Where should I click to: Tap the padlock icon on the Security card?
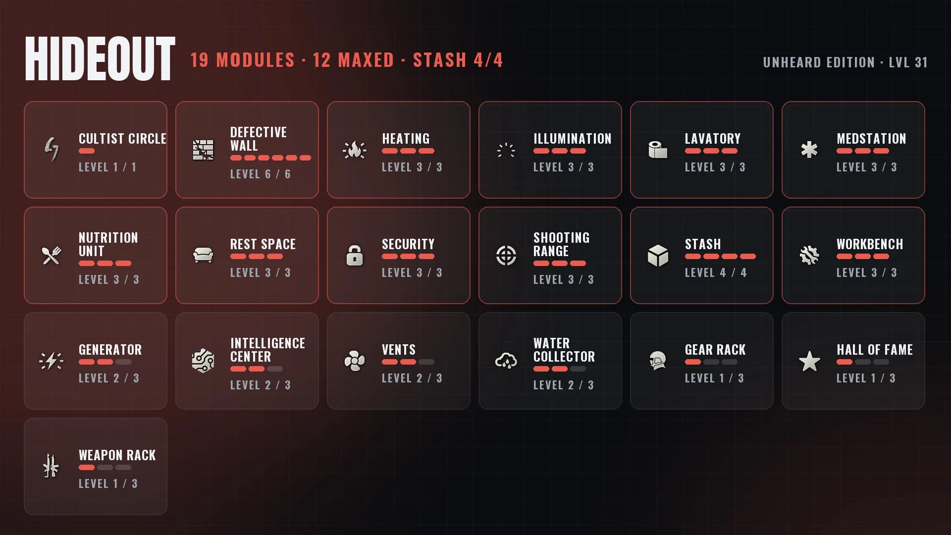click(355, 256)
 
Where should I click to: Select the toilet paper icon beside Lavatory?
click(658, 150)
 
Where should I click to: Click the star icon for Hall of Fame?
click(809, 361)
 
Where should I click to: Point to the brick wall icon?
click(203, 150)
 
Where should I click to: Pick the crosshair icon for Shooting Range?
click(506, 256)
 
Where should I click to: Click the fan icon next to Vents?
click(355, 361)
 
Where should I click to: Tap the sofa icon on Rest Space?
click(203, 256)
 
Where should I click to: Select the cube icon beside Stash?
click(658, 256)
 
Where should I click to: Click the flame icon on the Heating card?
click(355, 150)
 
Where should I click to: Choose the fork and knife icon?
click(52, 256)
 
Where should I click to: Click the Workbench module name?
click(870, 244)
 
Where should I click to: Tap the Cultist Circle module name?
click(122, 139)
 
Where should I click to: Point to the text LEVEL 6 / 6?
click(261, 174)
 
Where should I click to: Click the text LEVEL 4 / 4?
click(716, 272)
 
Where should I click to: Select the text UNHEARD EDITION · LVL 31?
click(845, 62)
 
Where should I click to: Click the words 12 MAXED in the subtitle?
click(353, 60)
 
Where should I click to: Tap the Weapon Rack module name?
click(117, 455)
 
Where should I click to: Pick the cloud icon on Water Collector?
click(506, 361)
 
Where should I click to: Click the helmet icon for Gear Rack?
click(658, 361)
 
